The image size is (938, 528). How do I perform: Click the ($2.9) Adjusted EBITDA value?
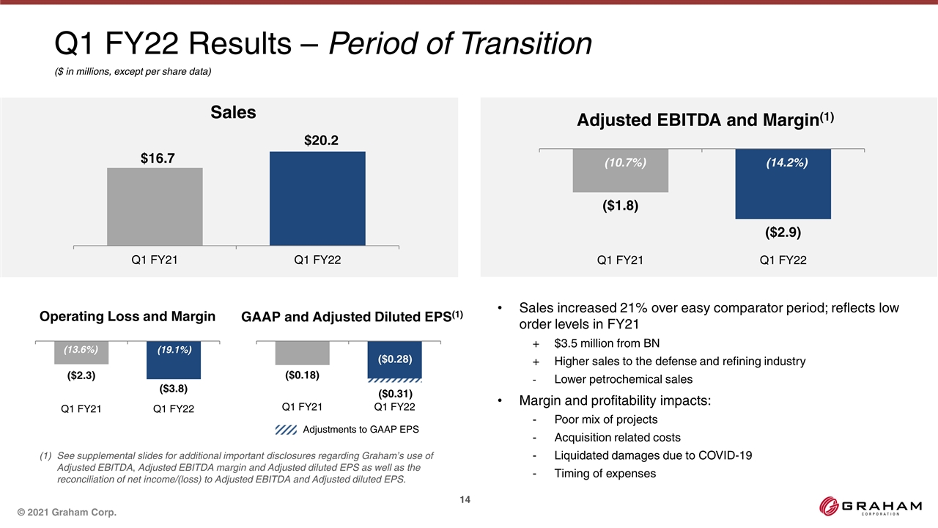783,233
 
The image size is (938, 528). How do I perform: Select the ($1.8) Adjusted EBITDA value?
620,206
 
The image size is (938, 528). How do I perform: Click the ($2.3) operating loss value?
81,375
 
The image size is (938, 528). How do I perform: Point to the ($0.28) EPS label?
395,359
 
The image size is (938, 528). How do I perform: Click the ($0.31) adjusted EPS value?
394,395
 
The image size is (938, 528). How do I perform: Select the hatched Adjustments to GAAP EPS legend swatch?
287,429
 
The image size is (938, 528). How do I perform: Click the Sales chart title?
233,112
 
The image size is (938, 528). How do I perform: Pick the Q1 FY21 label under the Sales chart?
155,260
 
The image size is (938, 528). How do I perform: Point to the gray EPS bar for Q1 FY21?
302,353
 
